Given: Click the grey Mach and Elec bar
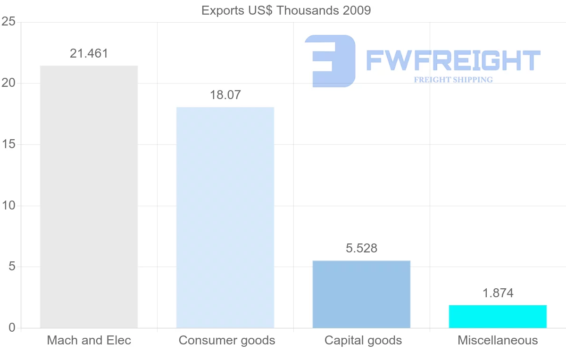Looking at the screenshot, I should pos(89,197).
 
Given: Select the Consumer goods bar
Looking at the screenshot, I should pos(225,218).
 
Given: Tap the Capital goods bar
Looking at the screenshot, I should pos(361,294).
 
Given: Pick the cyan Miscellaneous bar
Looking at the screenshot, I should pos(498,317).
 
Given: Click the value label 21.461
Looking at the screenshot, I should pos(89,54).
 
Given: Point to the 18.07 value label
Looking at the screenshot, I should pos(225,95).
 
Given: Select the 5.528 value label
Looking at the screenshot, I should pos(361,249).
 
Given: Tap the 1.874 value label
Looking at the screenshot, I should pos(498,293).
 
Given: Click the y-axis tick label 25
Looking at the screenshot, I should pos(8,22).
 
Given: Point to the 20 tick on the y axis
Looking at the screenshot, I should pos(8,84).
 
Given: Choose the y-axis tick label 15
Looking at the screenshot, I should pos(8,144).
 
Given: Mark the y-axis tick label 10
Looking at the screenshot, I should pos(8,206).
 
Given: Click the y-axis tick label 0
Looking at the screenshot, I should pos(11,328).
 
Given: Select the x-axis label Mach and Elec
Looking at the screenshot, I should pos(89,340).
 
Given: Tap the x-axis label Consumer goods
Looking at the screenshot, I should pos(227,340).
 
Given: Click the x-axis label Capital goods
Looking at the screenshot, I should pos(363,340).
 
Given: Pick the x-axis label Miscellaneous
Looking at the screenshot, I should pos(498,340).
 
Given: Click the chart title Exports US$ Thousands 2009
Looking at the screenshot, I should pos(286,10).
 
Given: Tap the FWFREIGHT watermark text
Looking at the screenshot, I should pos(453,61).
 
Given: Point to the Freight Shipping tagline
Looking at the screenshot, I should pos(453,80).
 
